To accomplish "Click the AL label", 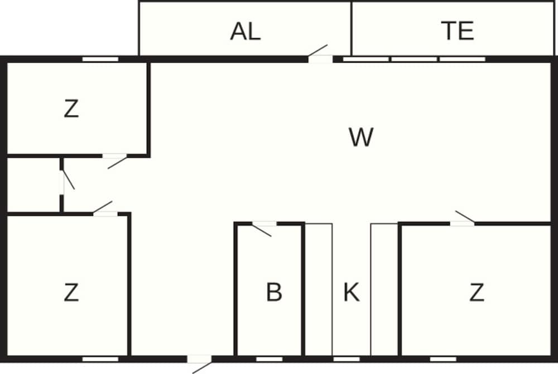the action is pos(245,31).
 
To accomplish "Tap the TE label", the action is pos(458,30).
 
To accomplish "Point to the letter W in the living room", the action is pos(361,137).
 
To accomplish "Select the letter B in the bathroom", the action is pos(274,292).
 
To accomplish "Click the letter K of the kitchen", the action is pos(351,292).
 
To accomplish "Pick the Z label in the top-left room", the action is pos(71,109).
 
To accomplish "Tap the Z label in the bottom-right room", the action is pos(477,292).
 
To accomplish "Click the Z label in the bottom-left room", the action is pos(71,292).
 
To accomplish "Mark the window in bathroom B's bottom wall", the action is pos(270,359).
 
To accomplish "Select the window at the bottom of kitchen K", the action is pos(347,359).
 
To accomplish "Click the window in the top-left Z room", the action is pos(100,59).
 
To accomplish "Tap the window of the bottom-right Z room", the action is pos(443,359).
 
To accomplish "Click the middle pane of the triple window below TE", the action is pos(414,59).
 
